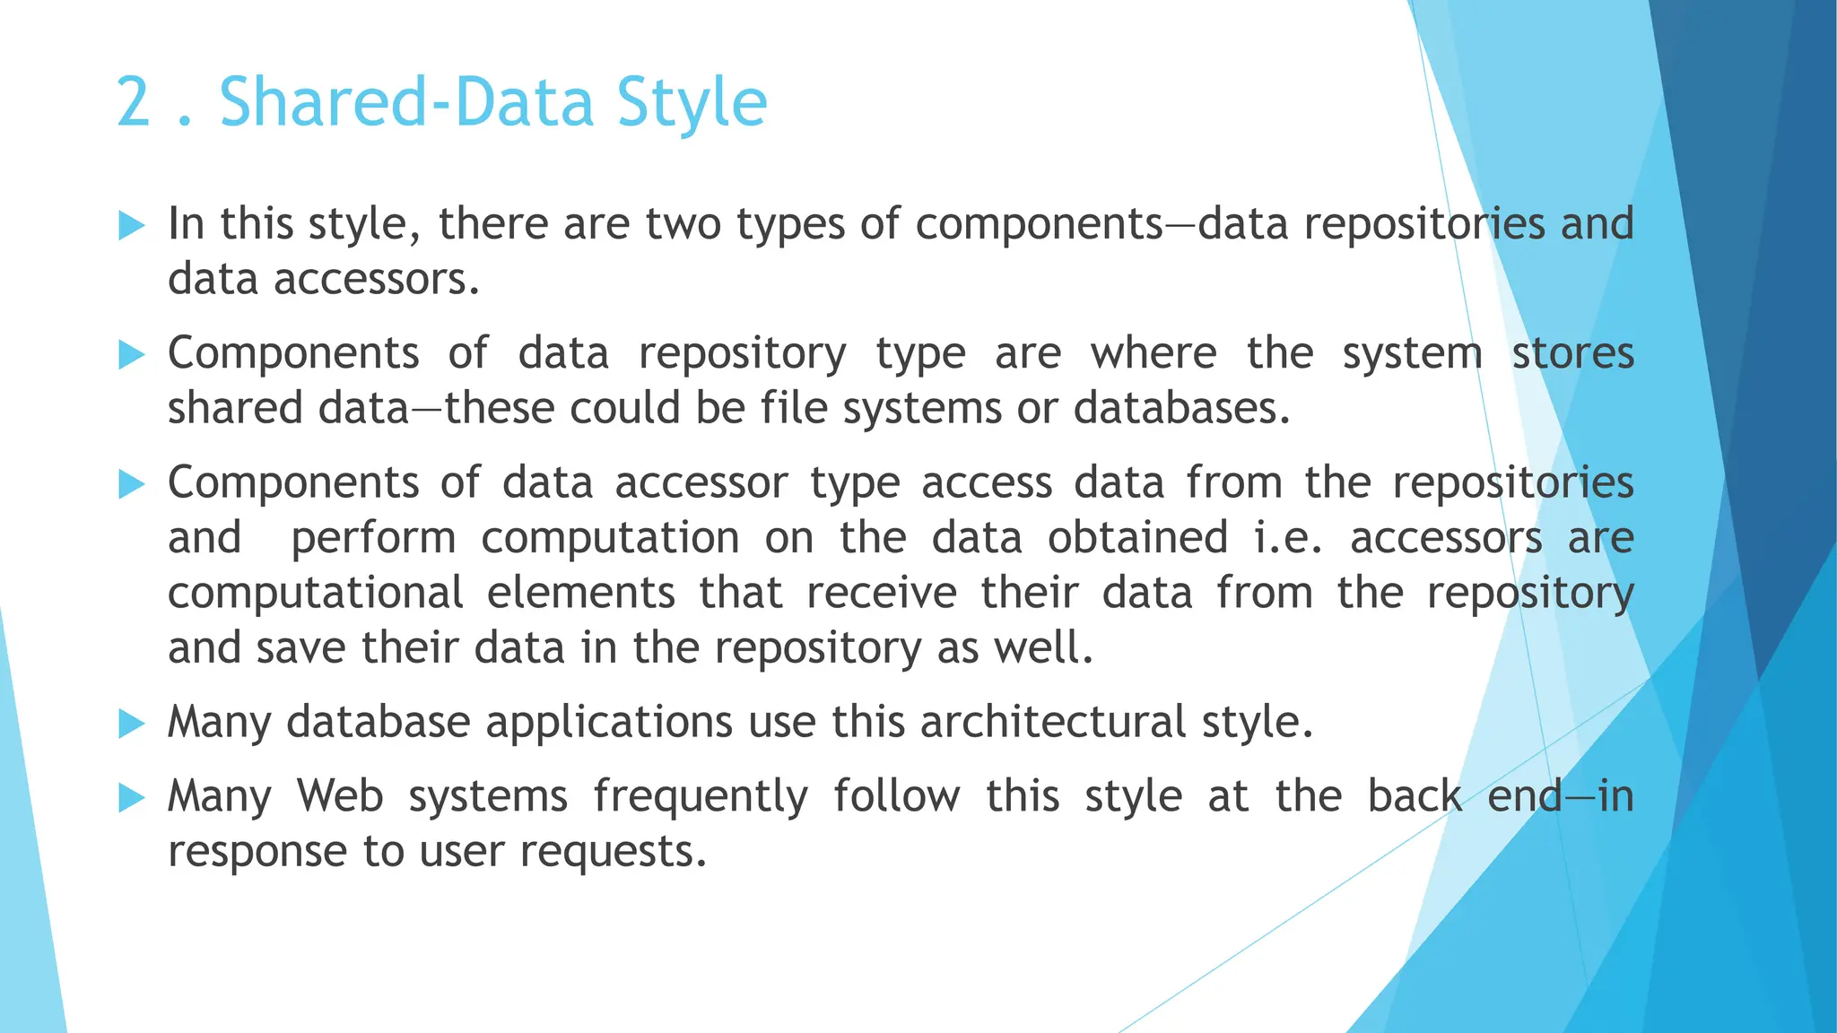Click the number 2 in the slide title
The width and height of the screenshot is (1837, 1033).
(134, 103)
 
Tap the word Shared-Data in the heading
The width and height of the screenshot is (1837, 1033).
(406, 103)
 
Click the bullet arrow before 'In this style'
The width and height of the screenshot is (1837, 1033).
(131, 226)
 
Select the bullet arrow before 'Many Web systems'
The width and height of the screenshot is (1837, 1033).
(131, 797)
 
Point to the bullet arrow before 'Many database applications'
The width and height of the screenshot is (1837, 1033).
(131, 724)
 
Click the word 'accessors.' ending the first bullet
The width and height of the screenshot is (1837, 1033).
(377, 280)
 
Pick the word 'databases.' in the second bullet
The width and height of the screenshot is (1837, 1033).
(1181, 409)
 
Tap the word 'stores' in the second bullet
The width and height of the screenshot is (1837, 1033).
(1572, 353)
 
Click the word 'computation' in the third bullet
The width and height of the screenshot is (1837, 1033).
(610, 539)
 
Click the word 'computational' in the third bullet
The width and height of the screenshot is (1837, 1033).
(316, 594)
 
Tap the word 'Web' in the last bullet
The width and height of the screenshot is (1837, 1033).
(340, 796)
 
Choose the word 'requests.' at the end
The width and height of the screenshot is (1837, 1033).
(614, 851)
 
